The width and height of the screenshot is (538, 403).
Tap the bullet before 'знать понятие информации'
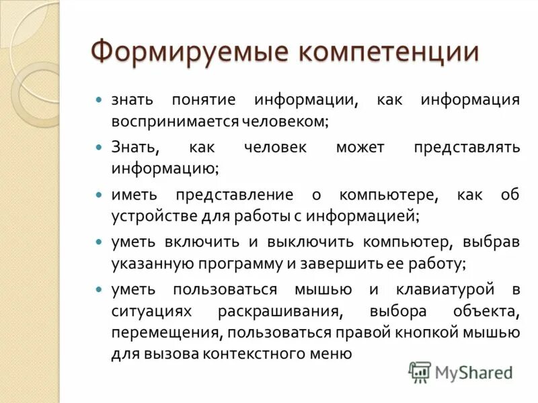[98, 99]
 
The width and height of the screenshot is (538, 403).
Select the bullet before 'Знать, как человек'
[98, 146]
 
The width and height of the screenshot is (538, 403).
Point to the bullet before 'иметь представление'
[98, 195]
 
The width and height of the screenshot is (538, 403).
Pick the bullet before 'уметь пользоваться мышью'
[98, 289]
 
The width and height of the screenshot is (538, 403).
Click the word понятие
[204, 100]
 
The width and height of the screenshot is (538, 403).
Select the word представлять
[468, 147]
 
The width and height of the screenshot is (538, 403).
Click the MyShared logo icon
[420, 371]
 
